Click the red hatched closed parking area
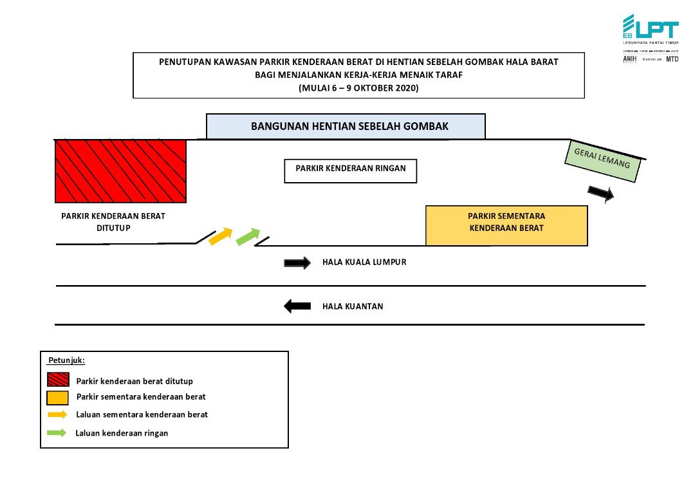[120, 171]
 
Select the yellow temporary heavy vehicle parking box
[506, 225]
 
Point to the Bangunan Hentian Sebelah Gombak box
[346, 126]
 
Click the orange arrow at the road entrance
[220, 236]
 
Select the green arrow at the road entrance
[248, 236]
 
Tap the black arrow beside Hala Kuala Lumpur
[297, 263]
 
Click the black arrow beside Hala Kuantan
[297, 306]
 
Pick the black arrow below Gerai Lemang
[601, 193]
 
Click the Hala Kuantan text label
[353, 306]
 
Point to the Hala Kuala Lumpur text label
[364, 263]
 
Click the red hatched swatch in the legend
[58, 380]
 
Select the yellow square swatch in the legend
[58, 397]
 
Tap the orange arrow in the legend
[57, 414]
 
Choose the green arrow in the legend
[57, 433]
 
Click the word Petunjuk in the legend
[67, 360]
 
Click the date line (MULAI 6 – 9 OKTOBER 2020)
[358, 88]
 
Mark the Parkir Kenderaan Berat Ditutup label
[113, 221]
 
